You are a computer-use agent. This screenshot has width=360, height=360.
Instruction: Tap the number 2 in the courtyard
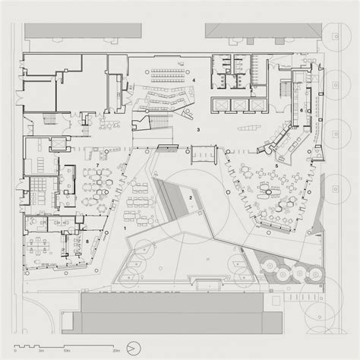(191, 198)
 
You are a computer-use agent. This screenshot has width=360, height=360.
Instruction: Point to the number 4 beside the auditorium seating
(194, 80)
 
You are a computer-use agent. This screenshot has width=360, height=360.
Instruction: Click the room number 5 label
(277, 166)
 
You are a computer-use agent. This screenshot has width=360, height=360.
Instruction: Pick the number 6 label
(302, 111)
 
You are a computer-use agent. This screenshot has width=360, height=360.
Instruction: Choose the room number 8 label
(88, 242)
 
